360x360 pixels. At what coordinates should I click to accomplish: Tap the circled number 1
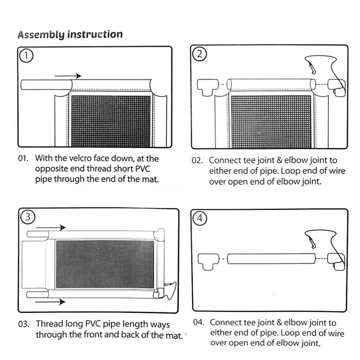point(27,56)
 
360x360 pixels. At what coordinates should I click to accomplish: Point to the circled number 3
point(27,218)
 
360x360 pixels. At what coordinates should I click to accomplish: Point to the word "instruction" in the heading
point(95,34)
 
